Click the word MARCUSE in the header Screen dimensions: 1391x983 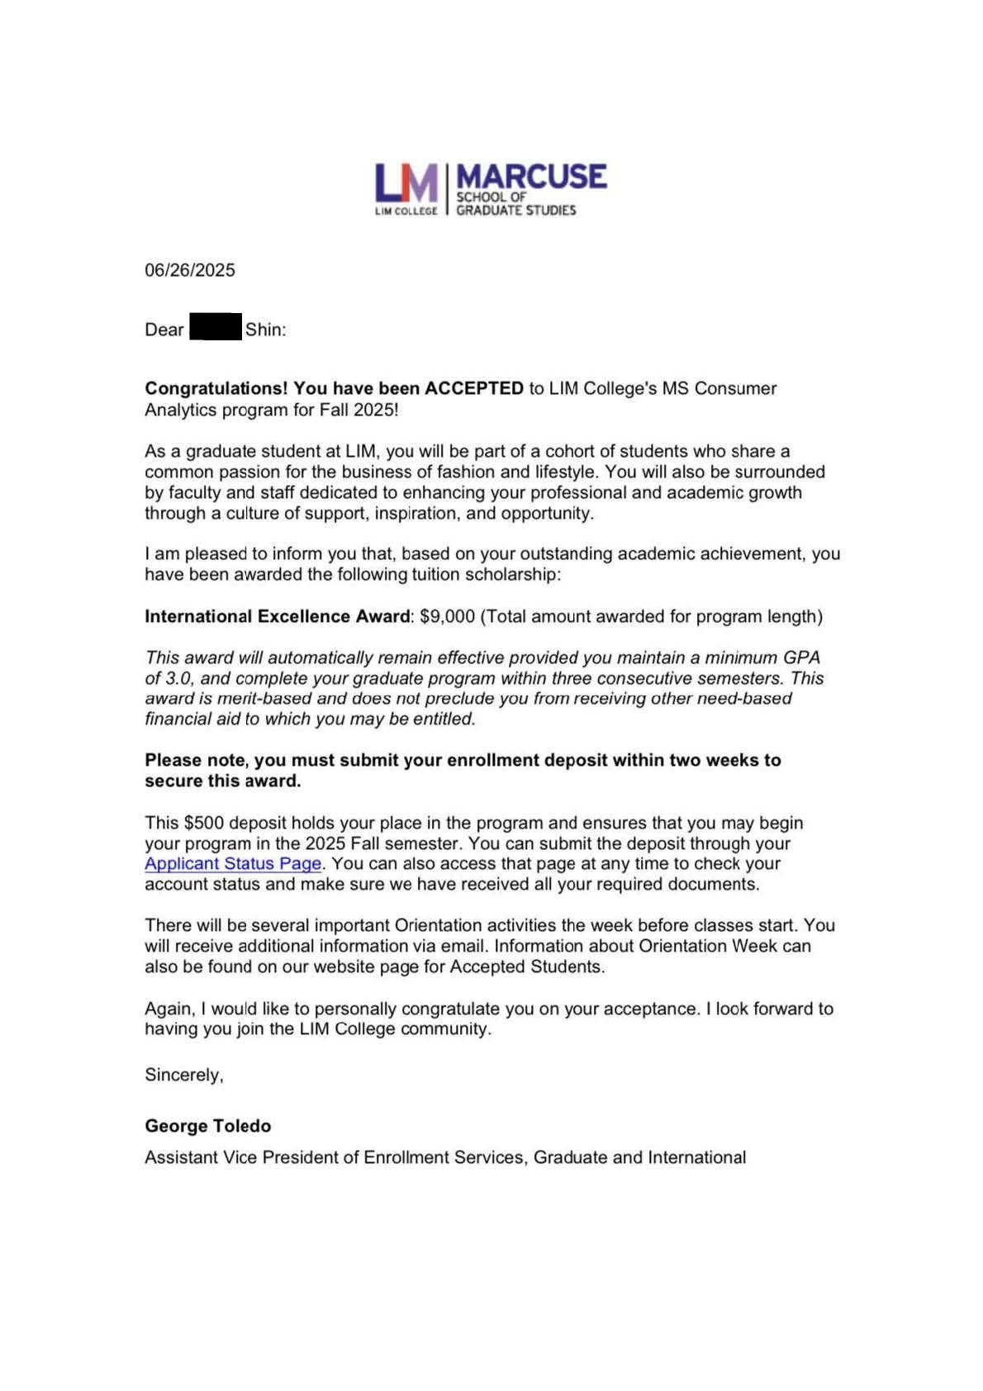tap(531, 176)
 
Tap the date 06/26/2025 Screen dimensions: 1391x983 tap(190, 270)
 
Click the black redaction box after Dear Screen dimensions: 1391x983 tap(216, 327)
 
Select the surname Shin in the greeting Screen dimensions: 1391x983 tap(264, 330)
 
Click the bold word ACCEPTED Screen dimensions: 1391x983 tap(474, 388)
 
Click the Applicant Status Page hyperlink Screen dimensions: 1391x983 tap(233, 864)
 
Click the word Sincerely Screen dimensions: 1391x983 tap(183, 1075)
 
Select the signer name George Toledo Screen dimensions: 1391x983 tap(208, 1126)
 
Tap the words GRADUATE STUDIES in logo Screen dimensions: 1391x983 tap(516, 211)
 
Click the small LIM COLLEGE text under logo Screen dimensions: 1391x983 tap(406, 211)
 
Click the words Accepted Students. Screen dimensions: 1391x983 tap(526, 966)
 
